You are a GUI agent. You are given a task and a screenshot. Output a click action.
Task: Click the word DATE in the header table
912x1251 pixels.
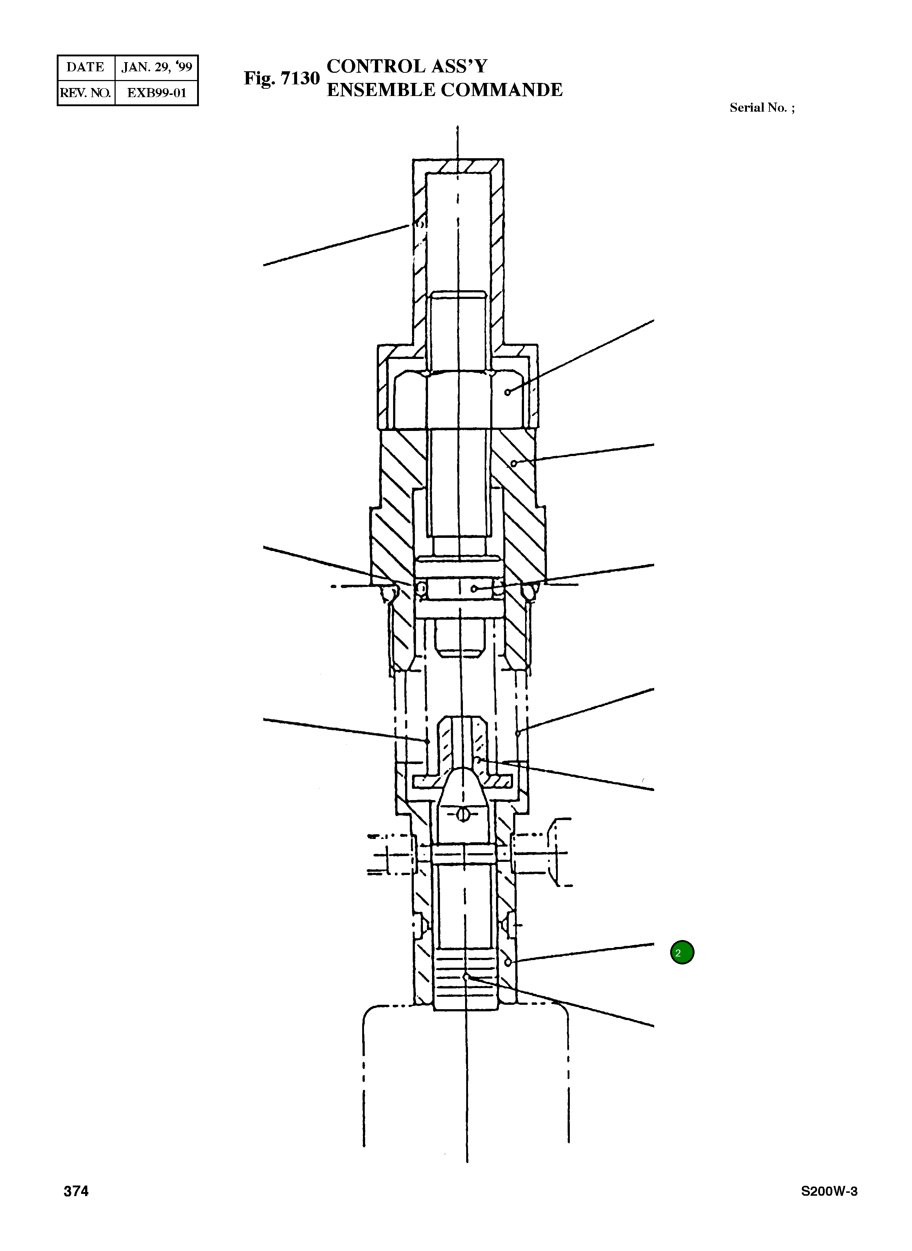coord(85,67)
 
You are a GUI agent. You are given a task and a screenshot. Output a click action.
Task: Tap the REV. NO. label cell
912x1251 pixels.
coord(85,93)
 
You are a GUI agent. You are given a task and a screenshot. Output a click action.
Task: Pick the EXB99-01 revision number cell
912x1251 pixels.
coord(156,93)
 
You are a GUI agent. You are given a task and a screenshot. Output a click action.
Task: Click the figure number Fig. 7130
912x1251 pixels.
coord(281,79)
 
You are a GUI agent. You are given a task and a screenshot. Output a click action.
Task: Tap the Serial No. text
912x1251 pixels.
coord(762,108)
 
